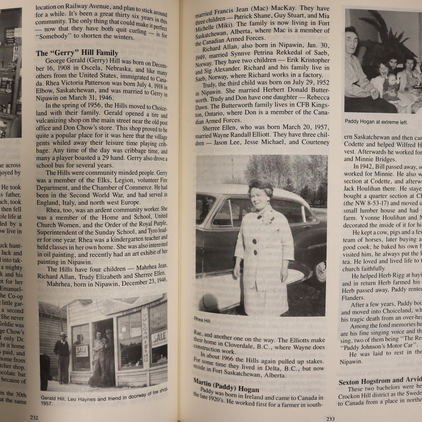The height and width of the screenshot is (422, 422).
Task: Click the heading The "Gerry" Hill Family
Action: [x=77, y=53]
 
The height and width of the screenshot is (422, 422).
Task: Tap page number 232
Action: [x=34, y=418]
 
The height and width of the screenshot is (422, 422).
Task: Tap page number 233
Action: [x=330, y=419]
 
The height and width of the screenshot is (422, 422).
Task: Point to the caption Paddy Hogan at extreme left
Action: [x=376, y=122]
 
